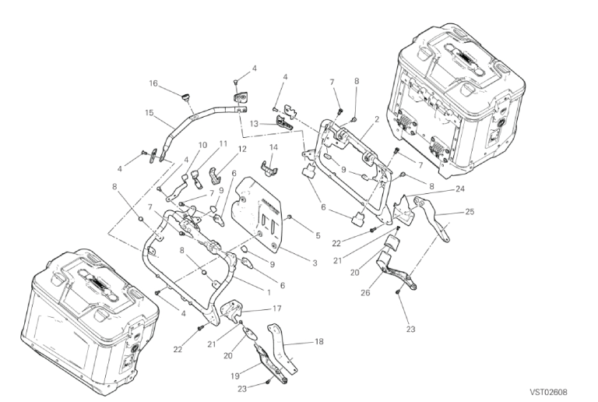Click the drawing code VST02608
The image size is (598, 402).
548,392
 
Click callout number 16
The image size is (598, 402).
153,83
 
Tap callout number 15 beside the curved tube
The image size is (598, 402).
149,112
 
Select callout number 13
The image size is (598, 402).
255,124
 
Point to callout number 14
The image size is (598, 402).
273,147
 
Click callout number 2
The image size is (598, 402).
377,119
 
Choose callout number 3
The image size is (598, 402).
315,263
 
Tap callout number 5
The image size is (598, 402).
318,236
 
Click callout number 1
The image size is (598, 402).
269,292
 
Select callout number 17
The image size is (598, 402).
277,309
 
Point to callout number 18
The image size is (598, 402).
318,341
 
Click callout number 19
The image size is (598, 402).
235,376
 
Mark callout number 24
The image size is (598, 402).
460,189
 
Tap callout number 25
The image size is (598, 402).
470,212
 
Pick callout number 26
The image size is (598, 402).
366,292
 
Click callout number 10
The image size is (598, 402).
202,145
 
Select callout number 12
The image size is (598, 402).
242,149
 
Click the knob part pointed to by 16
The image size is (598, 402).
186,97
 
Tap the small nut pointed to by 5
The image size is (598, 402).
290,217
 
